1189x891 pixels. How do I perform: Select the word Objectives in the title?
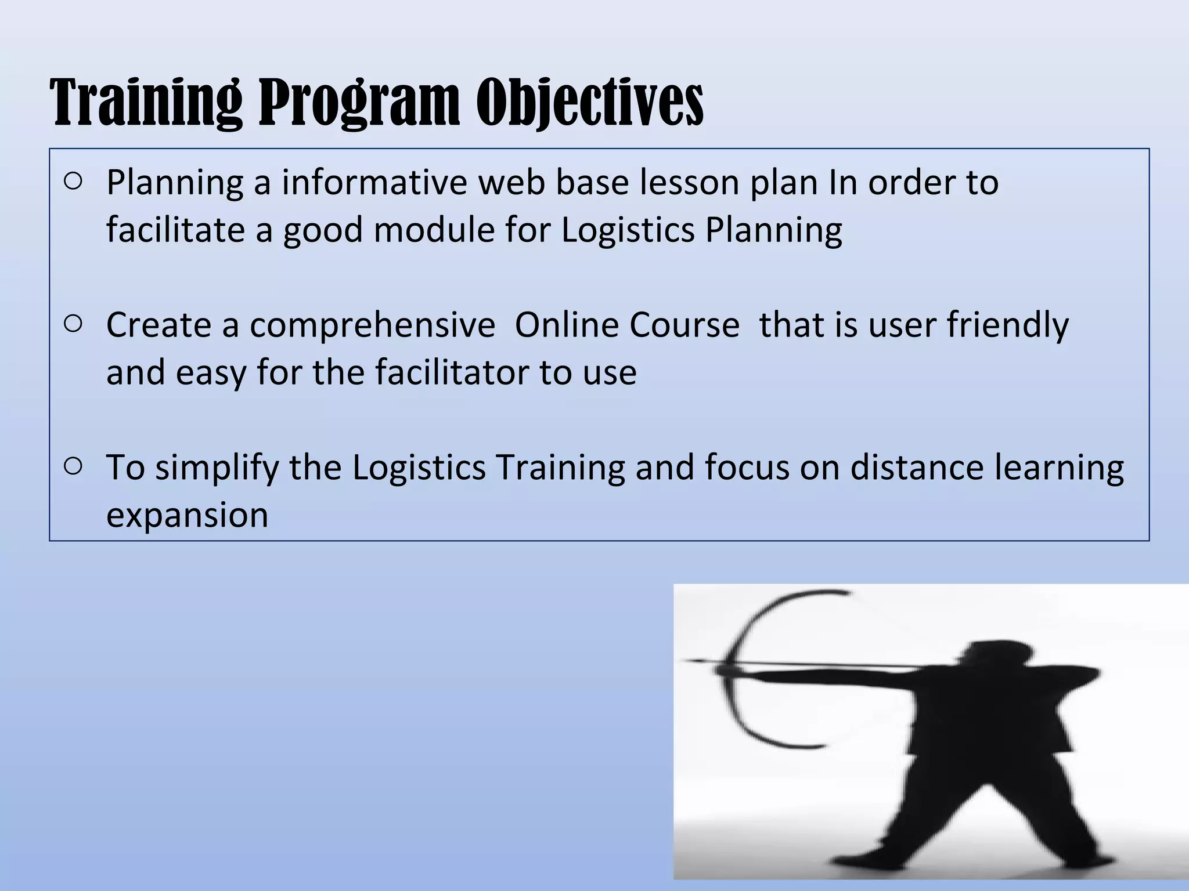click(x=590, y=103)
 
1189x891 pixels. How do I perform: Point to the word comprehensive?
click(x=372, y=325)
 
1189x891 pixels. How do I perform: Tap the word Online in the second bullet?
click(x=565, y=325)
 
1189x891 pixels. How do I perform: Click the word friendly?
click(x=1007, y=325)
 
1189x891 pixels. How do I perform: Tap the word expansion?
click(x=187, y=515)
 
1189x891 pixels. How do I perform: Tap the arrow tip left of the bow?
click(x=688, y=661)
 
